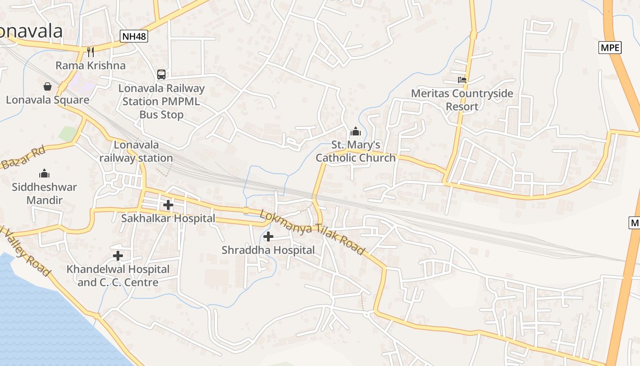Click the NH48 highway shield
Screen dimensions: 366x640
[x=134, y=36]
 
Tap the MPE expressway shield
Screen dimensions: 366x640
[x=610, y=47]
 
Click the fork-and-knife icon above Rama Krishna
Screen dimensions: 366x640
[x=91, y=52]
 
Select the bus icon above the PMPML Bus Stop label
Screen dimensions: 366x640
[x=161, y=74]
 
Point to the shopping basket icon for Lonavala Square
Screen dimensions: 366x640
[x=48, y=86]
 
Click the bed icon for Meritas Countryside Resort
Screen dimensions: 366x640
[x=462, y=80]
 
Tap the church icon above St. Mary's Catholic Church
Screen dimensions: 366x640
[x=355, y=132]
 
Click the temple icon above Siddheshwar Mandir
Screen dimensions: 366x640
[x=44, y=173]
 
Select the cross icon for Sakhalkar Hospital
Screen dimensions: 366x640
[x=168, y=205]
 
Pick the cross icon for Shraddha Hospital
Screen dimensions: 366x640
[x=268, y=237]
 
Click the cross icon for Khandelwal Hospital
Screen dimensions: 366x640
[x=118, y=256]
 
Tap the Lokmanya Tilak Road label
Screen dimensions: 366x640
[x=313, y=232]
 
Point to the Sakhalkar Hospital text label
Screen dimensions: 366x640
[x=168, y=218]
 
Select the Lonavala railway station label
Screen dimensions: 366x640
[x=136, y=151]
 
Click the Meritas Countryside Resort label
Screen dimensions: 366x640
[x=462, y=100]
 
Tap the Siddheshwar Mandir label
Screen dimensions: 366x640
[x=44, y=193]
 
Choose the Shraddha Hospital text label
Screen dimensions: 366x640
[x=268, y=250]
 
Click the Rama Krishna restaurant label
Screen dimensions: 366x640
[x=91, y=65]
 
